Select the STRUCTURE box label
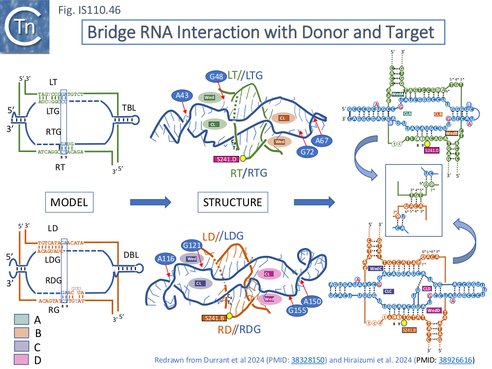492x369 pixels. (233, 202)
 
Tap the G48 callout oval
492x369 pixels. (217, 77)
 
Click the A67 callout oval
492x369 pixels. (322, 141)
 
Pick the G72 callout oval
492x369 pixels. (307, 152)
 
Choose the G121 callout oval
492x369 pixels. (192, 245)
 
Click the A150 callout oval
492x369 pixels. (312, 301)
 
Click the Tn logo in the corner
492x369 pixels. (27, 27)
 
